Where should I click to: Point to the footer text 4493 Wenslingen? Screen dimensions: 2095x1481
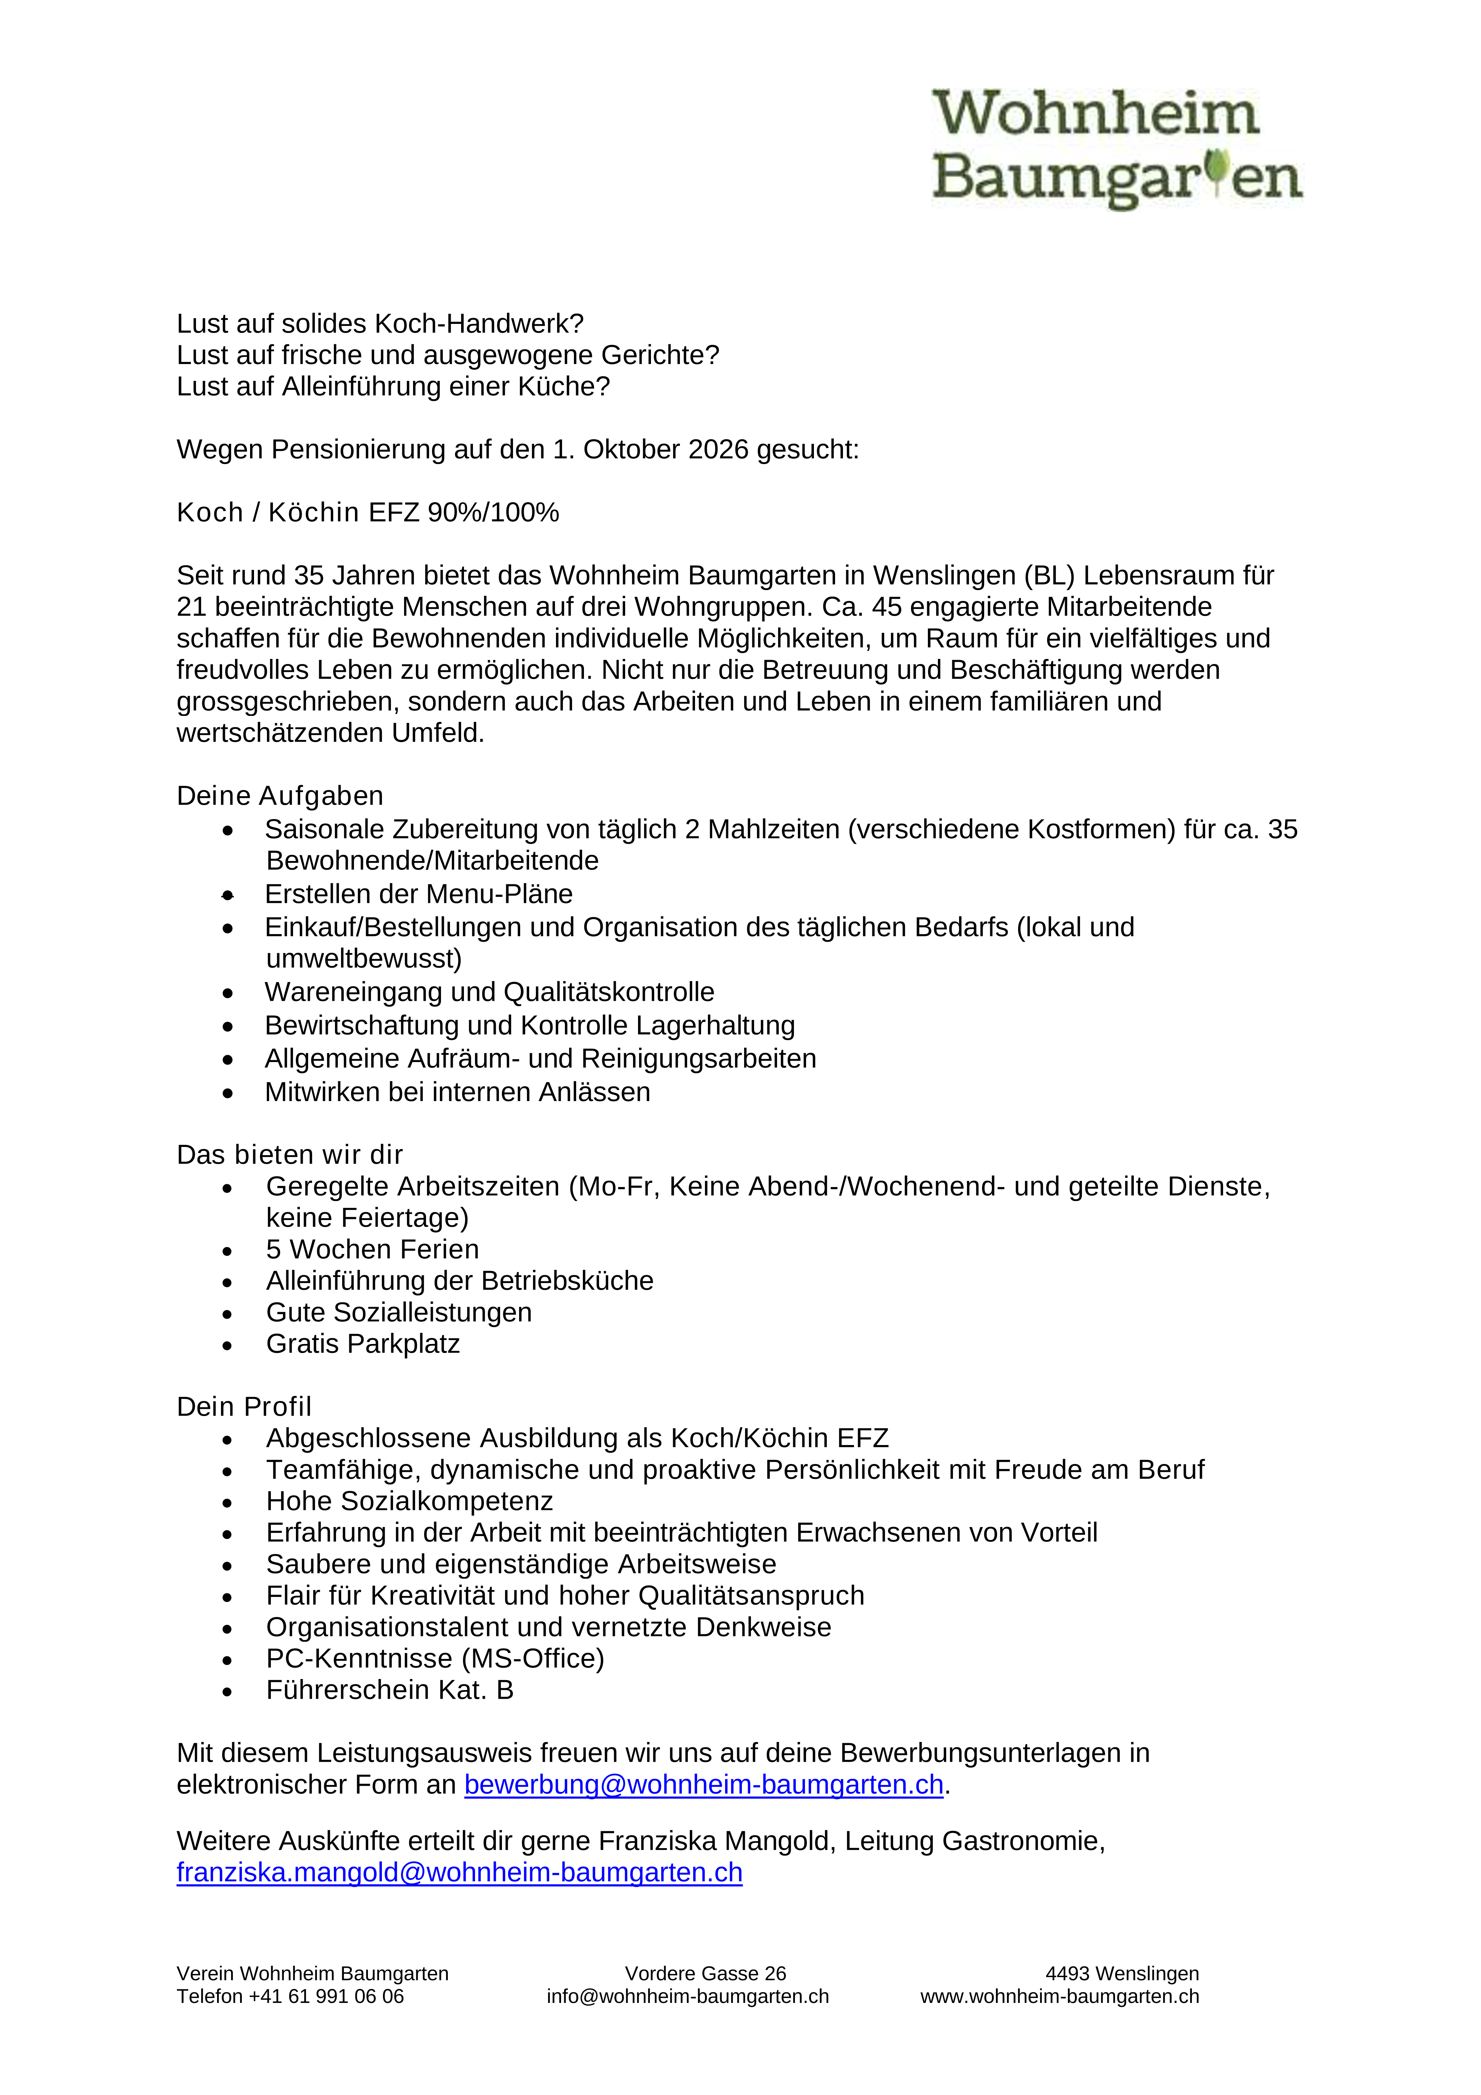click(1121, 1974)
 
